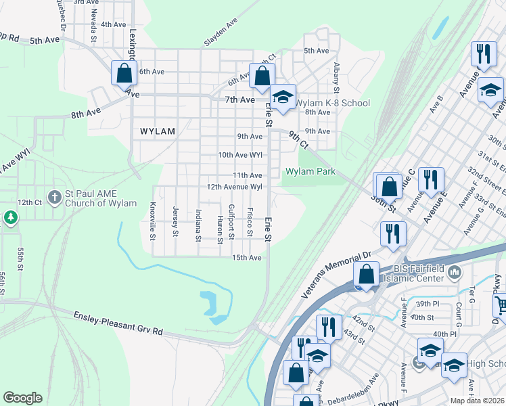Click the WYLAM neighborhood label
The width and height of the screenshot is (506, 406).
(x=157, y=131)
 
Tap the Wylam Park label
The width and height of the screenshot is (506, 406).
(x=310, y=172)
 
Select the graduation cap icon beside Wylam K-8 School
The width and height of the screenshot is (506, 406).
(x=284, y=97)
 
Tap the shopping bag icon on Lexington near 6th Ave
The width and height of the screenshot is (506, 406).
(x=124, y=73)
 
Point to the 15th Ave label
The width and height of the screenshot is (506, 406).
(x=246, y=258)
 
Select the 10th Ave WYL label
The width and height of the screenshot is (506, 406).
(x=239, y=155)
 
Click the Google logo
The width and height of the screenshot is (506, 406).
(x=22, y=398)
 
